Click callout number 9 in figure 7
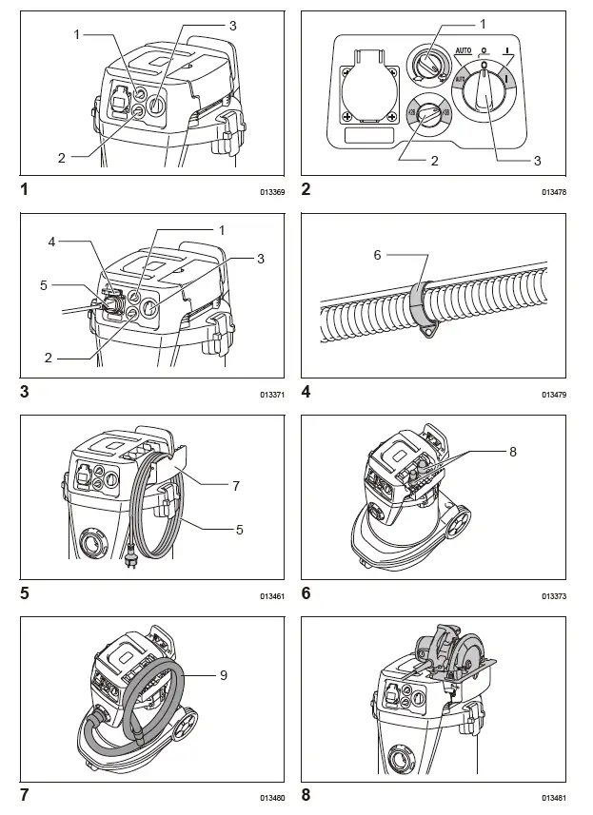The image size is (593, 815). point(224,675)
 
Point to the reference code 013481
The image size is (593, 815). point(554,798)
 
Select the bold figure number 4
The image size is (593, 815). point(306,391)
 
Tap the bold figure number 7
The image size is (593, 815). point(25,794)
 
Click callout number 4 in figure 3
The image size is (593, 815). point(53,242)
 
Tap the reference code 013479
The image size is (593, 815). point(554,394)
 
